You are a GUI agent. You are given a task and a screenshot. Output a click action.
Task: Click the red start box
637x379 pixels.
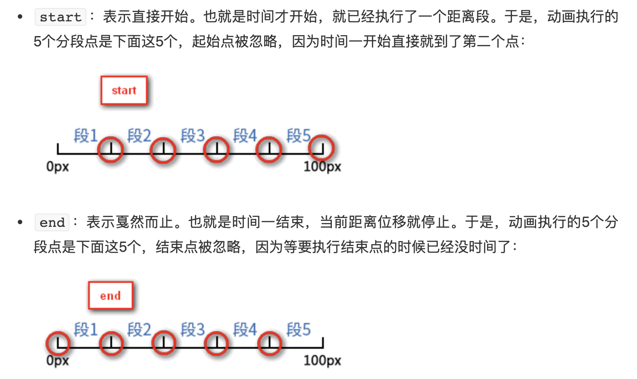point(124,90)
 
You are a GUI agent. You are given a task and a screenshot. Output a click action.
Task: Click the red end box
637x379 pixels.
point(110,296)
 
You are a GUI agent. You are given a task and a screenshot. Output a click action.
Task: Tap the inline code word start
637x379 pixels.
point(60,17)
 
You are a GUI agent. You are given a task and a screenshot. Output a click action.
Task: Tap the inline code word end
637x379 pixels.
point(52,222)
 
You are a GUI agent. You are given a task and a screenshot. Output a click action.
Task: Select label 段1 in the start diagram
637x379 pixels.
point(85,135)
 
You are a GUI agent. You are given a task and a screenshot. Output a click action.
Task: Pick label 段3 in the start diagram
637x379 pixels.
point(192,135)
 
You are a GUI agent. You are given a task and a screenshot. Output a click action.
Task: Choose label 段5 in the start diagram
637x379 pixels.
point(298,135)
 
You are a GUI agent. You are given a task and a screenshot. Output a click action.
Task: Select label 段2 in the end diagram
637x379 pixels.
point(139,330)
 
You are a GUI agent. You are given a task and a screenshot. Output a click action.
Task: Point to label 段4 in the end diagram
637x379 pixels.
point(245,330)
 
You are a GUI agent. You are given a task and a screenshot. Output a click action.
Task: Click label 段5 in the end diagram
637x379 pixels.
point(298,330)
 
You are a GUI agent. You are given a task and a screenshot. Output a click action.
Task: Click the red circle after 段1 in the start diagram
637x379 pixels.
point(110,149)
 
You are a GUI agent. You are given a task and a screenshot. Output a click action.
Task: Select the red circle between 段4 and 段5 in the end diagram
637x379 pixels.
point(269,343)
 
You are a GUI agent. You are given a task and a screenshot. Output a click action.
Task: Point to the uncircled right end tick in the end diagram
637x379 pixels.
point(323,343)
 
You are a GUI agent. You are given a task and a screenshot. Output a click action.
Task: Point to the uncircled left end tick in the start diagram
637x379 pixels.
point(58,149)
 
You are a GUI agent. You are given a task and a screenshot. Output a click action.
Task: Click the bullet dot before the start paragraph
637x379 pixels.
point(20,17)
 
